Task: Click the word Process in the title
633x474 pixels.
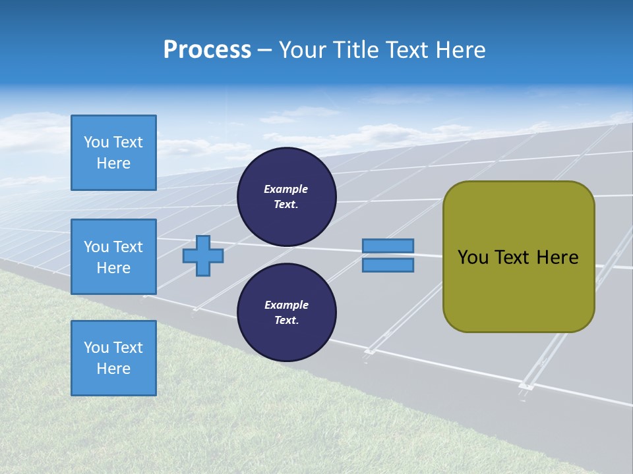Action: click(207, 50)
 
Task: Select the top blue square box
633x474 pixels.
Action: click(113, 153)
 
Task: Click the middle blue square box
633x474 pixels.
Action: click(113, 257)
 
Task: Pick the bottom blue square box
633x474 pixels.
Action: click(113, 358)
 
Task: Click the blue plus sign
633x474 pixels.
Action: click(203, 256)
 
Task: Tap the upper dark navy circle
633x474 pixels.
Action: click(286, 197)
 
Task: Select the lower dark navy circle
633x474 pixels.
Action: click(286, 313)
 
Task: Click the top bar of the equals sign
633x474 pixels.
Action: click(388, 246)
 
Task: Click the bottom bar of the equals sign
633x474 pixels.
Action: click(388, 265)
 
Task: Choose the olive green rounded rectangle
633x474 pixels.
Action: click(518, 257)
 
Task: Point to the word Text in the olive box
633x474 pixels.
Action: click(512, 257)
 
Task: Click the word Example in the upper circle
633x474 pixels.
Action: click(286, 189)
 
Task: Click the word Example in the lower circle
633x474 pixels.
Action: click(286, 305)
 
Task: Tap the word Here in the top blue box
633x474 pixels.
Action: click(113, 163)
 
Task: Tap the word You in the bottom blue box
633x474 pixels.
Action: click(96, 348)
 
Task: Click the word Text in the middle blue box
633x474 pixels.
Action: click(128, 247)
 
